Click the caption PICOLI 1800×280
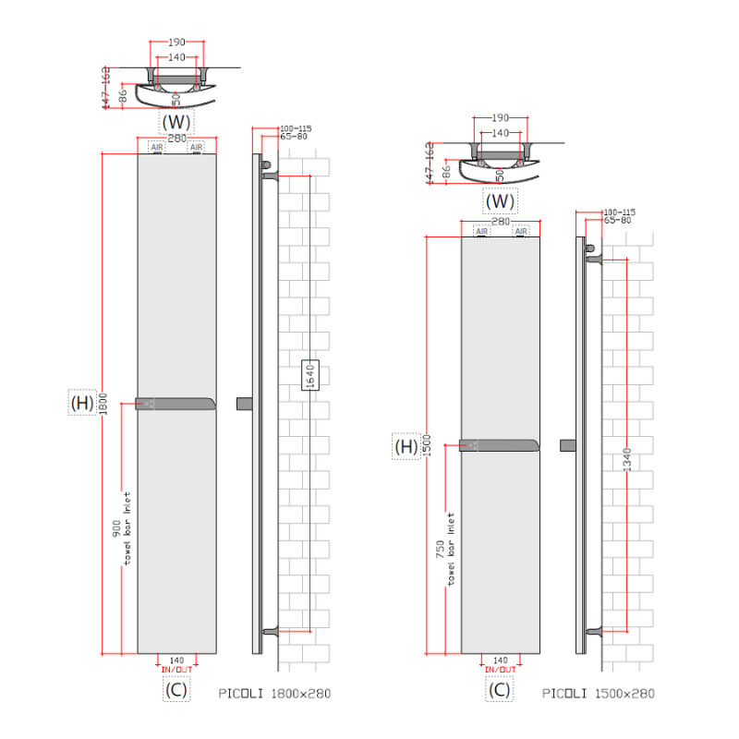coord(274,693)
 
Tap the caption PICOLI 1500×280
coord(598,693)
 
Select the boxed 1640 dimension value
coord(310,374)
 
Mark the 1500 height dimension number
coord(428,447)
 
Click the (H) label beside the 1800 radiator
coord(81,404)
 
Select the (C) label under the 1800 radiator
coord(176,689)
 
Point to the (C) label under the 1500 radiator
coord(499,689)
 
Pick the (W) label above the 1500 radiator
coord(500,200)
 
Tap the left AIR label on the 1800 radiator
coord(157,147)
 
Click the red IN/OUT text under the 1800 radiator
coord(176,669)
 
